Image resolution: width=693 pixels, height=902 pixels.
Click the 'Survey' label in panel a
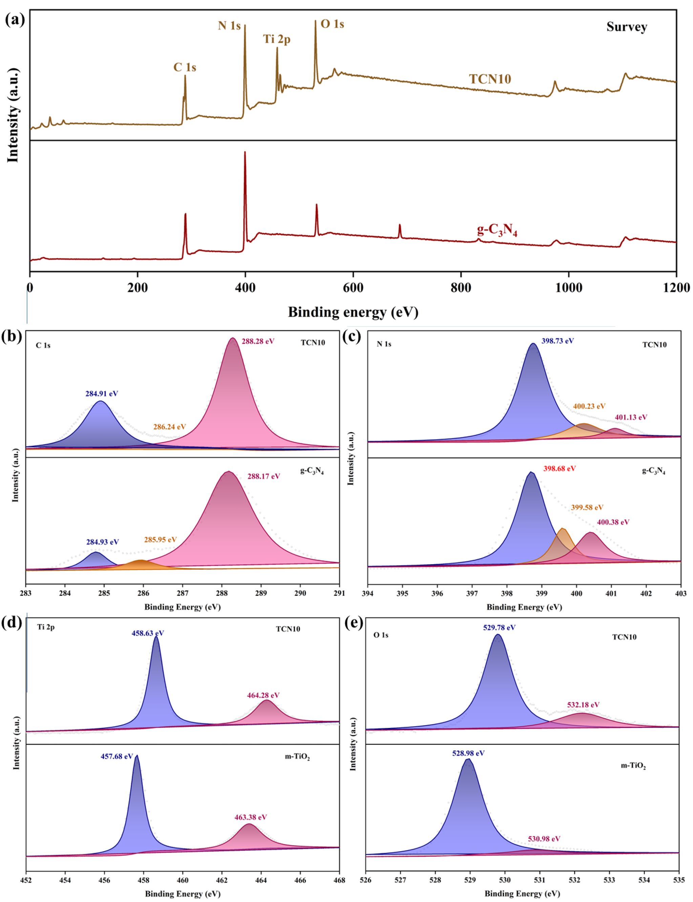click(626, 27)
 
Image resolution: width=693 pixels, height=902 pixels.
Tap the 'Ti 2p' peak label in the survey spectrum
click(277, 39)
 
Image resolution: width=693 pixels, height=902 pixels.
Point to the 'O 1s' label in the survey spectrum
click(332, 24)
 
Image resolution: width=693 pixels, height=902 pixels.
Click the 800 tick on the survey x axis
click(461, 288)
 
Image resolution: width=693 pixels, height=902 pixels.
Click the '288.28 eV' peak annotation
click(258, 341)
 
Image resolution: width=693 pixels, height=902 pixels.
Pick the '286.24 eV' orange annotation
click(170, 427)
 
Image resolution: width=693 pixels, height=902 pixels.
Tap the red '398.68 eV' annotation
click(559, 468)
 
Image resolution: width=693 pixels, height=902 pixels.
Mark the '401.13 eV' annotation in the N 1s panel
click(631, 417)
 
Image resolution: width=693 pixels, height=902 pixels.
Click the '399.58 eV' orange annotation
click(587, 507)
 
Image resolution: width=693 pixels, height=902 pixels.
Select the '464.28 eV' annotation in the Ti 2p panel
click(263, 695)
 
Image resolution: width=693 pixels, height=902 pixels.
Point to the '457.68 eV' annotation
click(117, 756)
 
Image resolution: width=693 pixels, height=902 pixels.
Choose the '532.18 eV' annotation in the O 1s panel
click(583, 705)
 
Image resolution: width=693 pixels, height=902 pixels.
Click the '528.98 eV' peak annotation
click(468, 753)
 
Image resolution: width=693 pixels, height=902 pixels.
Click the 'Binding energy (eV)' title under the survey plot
click(353, 312)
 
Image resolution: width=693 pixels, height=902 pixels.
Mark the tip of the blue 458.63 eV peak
click(156, 637)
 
